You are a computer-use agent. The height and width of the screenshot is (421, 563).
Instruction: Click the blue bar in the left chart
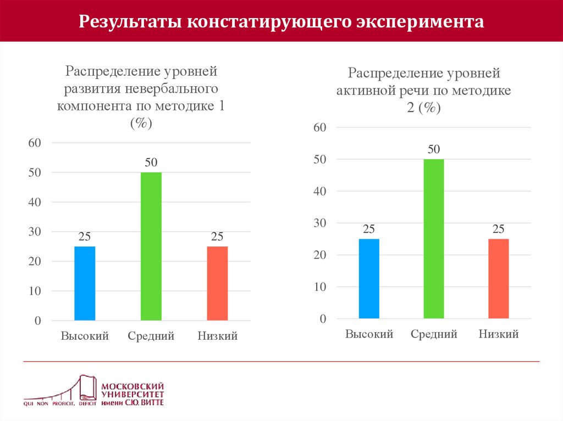pos(85,283)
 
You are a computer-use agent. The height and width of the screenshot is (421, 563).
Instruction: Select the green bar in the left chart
pos(151,246)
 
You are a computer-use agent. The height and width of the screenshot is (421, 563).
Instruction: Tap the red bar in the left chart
pos(217,283)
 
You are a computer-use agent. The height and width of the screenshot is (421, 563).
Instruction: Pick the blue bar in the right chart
pos(369,278)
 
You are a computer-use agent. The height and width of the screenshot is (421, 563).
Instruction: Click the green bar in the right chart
pos(434,239)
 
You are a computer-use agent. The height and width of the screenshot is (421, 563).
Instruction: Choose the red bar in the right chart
pos(499,278)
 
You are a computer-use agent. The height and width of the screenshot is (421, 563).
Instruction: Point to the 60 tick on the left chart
pos(35,143)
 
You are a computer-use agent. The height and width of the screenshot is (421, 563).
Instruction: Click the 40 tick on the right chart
pos(319,191)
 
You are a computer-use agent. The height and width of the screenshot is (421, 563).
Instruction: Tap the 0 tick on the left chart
pos(38,321)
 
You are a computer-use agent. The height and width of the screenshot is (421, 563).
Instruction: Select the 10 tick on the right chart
pos(319,287)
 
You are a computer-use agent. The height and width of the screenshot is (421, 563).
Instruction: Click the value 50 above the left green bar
pos(151,162)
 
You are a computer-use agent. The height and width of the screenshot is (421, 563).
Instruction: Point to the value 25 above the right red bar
pos(499,229)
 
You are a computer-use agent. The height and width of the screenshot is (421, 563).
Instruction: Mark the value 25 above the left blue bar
pos(85,237)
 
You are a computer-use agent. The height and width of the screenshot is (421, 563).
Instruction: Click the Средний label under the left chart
pos(151,336)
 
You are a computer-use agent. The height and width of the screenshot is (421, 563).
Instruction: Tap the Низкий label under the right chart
pos(499,334)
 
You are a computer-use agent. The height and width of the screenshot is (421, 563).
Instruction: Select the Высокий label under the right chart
pos(369,334)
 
